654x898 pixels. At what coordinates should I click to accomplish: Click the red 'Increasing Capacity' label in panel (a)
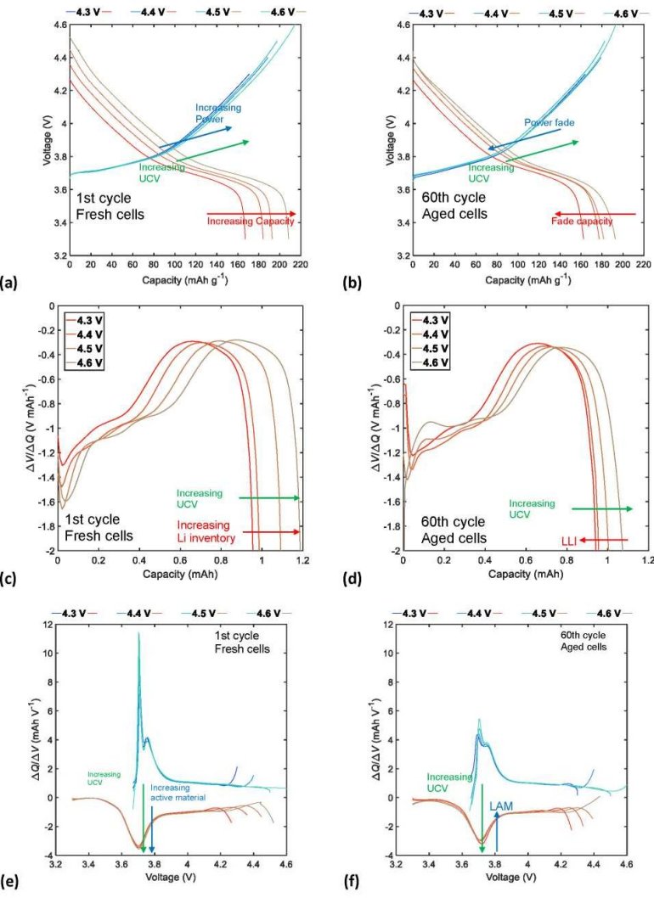pos(251,222)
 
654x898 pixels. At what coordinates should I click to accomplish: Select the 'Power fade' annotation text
pos(549,123)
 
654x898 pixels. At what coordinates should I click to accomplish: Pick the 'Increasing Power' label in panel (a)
pos(218,114)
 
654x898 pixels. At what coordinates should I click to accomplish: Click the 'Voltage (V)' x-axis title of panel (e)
pos(176,873)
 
